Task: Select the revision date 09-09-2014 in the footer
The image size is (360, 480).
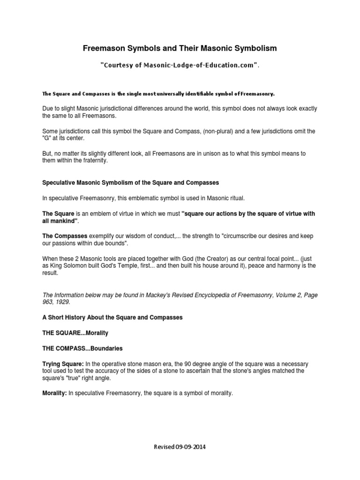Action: (x=191, y=447)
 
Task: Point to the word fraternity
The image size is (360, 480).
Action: (x=94, y=161)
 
